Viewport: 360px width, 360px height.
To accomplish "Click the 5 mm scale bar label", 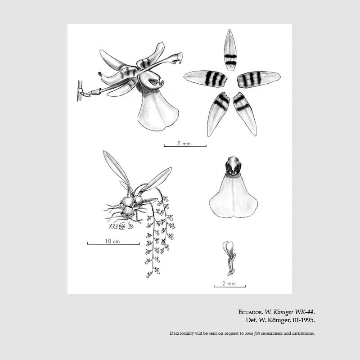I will (x=184, y=143).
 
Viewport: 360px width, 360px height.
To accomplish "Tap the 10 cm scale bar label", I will (x=112, y=241).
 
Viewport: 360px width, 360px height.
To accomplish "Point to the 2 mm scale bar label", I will (x=229, y=283).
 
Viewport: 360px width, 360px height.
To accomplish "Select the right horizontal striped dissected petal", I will (x=258, y=79).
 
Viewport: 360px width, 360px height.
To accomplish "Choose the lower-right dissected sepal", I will (x=245, y=113).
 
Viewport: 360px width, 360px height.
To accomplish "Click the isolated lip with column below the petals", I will (x=233, y=193).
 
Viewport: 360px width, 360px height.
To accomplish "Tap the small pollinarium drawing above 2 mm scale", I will (x=229, y=257).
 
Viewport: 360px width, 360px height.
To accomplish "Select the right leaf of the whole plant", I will (x=157, y=179).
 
